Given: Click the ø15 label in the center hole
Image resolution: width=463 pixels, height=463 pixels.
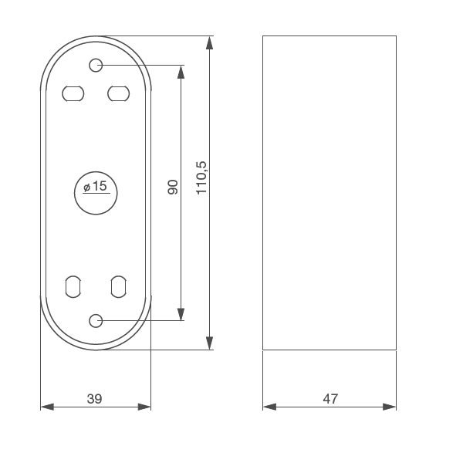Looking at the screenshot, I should pos(95,187).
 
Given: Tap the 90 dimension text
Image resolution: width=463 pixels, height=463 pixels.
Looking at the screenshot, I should pos(173,187).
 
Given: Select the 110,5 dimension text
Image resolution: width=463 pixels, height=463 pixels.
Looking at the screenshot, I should pos(202,177).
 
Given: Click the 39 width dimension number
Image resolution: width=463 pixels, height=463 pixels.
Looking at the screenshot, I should pos(94,399).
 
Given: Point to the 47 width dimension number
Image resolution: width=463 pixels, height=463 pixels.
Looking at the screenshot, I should pos(330,399).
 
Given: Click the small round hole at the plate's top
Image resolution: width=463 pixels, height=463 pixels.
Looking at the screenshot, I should pos(96,66).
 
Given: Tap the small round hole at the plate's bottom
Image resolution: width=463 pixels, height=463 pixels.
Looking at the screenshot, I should pos(96,320).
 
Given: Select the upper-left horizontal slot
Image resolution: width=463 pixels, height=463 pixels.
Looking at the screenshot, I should pos(73,93).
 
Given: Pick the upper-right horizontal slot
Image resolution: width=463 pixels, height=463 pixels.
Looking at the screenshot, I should pos(118,93).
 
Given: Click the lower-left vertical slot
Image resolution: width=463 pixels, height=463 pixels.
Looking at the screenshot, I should pos(73,286).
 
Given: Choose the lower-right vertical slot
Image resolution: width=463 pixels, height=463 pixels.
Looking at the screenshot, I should pos(118,286).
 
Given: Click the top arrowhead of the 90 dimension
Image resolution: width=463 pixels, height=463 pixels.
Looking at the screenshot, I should pos(181,72).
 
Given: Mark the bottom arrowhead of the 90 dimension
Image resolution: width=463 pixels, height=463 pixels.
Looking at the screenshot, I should pos(181,314).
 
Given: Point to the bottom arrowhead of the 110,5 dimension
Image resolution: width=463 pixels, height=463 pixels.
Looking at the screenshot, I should pos(210,343).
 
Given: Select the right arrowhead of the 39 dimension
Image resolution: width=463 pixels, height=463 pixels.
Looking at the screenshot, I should pos(144,407).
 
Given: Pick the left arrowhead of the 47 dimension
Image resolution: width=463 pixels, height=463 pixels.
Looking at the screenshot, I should pos(269,407).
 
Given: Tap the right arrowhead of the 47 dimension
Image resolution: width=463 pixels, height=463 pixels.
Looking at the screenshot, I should pos(390,407).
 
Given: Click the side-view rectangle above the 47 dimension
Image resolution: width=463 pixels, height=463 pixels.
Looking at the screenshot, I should pos(330,193).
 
